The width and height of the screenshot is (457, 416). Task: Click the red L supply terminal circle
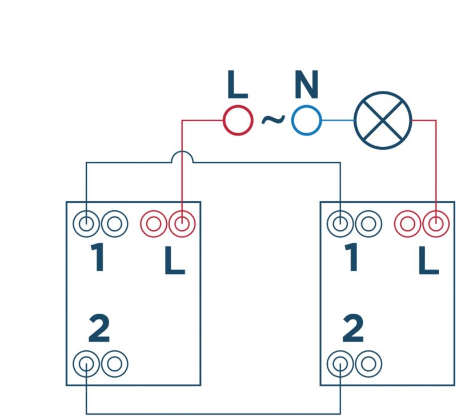pyautogui.click(x=237, y=120)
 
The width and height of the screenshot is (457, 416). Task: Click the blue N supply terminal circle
pyautogui.click(x=306, y=120)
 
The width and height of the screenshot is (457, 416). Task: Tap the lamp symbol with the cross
pyautogui.click(x=383, y=120)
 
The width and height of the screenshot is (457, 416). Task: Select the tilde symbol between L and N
pyautogui.click(x=272, y=119)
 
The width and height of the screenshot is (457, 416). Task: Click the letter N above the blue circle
pyautogui.click(x=306, y=86)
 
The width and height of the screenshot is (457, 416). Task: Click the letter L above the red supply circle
pyautogui.click(x=237, y=86)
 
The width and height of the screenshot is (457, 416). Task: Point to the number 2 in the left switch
pyautogui.click(x=99, y=329)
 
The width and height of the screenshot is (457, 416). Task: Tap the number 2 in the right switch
pyautogui.click(x=353, y=329)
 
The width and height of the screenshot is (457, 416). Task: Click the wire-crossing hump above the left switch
pyautogui.click(x=182, y=157)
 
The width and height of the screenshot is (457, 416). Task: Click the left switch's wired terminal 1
pyautogui.click(x=86, y=223)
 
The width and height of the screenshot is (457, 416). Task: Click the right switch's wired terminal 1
pyautogui.click(x=340, y=223)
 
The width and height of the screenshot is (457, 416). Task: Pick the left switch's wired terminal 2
pyautogui.click(x=86, y=363)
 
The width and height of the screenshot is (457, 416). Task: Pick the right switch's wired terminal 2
pyautogui.click(x=340, y=363)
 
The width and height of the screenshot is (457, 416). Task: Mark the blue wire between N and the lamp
pyautogui.click(x=338, y=120)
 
